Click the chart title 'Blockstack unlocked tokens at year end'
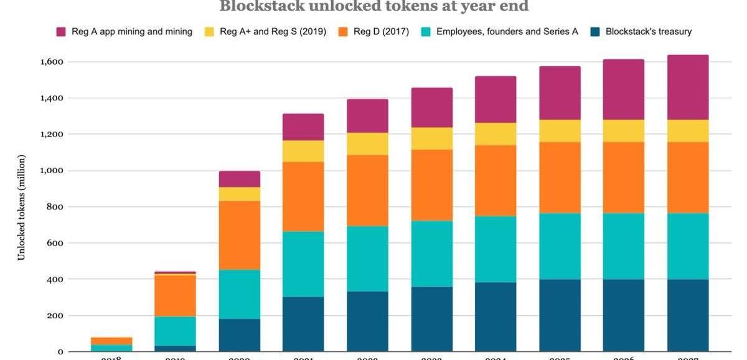(x=374, y=6)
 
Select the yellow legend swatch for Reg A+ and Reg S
(x=210, y=31)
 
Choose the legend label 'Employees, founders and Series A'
(x=507, y=31)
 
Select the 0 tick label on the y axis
(x=60, y=352)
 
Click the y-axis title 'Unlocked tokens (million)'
(x=21, y=207)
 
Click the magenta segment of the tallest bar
(x=688, y=87)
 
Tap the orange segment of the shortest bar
(x=111, y=341)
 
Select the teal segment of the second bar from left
(x=175, y=331)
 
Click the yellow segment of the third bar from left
(x=239, y=194)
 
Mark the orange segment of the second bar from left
(x=175, y=295)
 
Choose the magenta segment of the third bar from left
(x=239, y=179)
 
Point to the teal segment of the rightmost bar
(x=688, y=246)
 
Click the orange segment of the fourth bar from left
(x=303, y=197)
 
